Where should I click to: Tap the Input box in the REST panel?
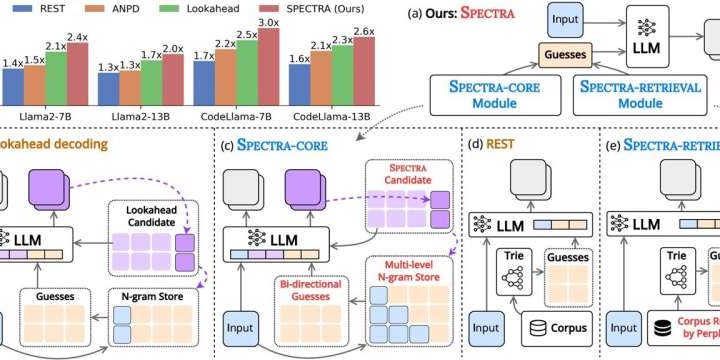(484, 327)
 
